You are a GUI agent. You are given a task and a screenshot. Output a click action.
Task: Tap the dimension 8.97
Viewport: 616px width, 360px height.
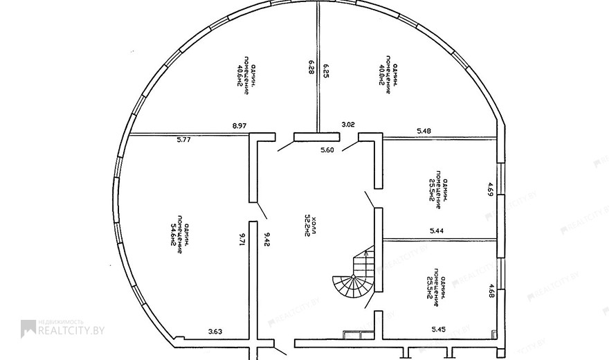click(239, 126)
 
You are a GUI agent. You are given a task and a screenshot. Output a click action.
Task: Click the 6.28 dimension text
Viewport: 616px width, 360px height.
click(311, 67)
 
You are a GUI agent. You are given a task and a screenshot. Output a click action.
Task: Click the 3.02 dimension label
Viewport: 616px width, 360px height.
click(349, 125)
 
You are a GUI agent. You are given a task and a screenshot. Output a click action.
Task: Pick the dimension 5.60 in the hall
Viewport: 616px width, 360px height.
click(327, 150)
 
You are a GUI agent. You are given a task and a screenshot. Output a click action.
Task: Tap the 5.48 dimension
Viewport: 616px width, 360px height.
click(424, 131)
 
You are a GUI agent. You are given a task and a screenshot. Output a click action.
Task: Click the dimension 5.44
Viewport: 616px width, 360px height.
click(437, 231)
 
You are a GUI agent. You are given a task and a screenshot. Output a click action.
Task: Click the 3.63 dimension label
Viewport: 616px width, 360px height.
click(216, 332)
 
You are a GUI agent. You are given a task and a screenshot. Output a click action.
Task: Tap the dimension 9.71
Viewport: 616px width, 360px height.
click(242, 240)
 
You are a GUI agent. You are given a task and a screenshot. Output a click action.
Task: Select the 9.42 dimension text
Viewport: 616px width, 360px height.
click(266, 240)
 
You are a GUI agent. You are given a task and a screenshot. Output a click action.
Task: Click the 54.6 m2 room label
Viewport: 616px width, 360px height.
click(177, 234)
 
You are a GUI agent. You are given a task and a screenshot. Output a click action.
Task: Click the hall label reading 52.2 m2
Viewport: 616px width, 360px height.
click(309, 226)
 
